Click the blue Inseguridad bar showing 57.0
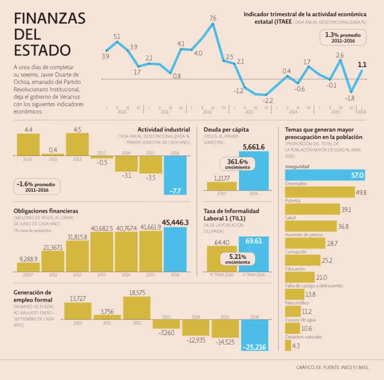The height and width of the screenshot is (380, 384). point(325,175)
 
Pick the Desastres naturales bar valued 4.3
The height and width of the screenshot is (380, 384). point(288,345)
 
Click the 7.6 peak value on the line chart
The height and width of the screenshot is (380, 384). point(213,18)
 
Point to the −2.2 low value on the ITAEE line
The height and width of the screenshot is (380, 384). point(268,100)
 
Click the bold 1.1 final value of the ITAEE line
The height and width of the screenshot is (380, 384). point(362,64)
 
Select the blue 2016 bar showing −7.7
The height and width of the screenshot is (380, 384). point(175,175)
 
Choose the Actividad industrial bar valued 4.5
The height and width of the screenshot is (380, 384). point(77,144)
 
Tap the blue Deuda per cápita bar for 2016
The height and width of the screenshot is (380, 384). point(253,170)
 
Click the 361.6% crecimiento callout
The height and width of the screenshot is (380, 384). point(237,164)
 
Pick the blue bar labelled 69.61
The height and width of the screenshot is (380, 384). point(253,254)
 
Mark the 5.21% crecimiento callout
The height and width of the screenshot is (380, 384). point(237,259)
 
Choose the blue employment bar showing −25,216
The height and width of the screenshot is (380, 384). point(254,335)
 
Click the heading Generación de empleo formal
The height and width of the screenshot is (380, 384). point(32,296)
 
